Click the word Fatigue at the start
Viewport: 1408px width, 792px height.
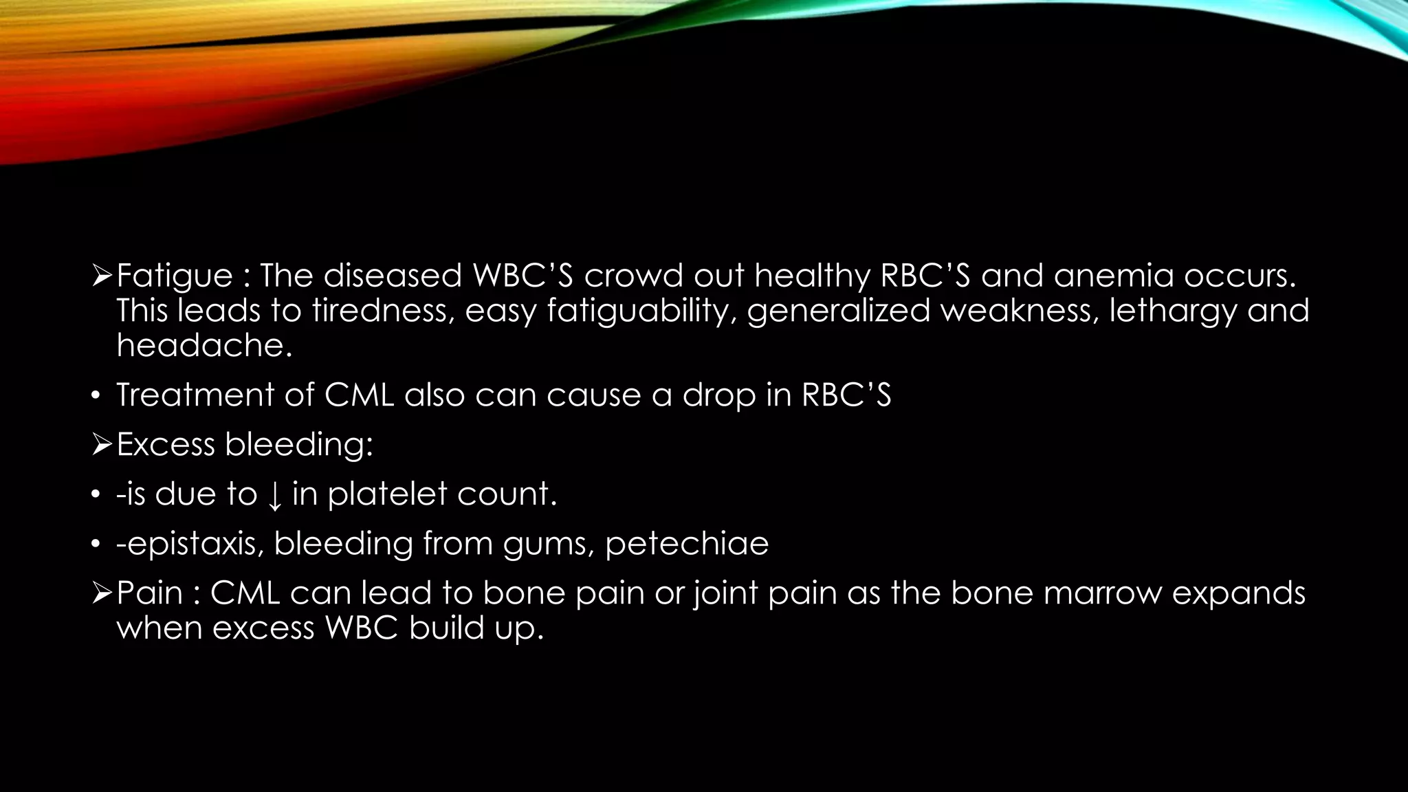click(175, 276)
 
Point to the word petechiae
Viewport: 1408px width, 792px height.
click(687, 544)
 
